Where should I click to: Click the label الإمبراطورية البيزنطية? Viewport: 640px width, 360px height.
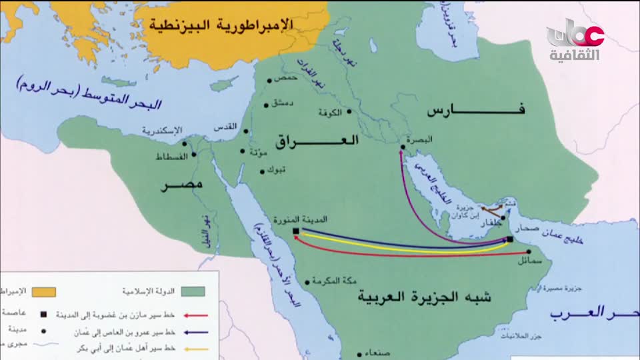pos(220,25)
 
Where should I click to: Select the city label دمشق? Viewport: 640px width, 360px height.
pos(283,104)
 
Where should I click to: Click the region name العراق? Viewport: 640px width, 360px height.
pos(316,141)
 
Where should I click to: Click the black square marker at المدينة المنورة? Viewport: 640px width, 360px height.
pos(295,231)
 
